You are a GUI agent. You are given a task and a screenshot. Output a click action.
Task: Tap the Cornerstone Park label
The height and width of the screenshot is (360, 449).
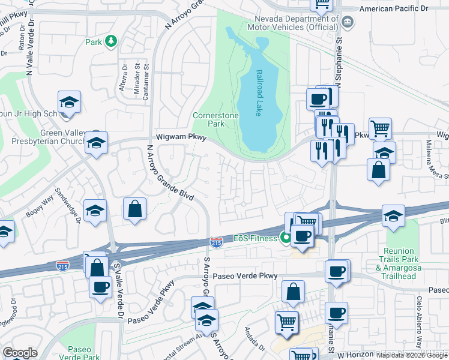(x=208, y=119)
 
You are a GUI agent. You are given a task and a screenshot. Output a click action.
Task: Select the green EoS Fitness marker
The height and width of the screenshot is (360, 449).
(x=286, y=238)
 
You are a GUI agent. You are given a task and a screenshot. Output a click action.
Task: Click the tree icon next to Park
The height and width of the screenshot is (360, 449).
(x=110, y=41)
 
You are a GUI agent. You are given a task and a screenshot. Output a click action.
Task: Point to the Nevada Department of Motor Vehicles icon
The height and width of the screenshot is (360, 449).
(x=347, y=23)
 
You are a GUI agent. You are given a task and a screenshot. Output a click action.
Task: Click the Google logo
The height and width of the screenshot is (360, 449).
(x=19, y=353)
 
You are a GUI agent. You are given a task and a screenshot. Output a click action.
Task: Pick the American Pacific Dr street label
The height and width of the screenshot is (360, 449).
(x=393, y=8)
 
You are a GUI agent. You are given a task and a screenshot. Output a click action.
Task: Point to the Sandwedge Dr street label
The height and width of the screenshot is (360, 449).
(x=67, y=204)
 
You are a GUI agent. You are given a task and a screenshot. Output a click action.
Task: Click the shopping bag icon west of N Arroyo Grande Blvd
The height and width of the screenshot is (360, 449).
(x=135, y=210)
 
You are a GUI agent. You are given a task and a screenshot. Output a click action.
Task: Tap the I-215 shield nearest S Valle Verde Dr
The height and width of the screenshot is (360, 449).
(x=62, y=265)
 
